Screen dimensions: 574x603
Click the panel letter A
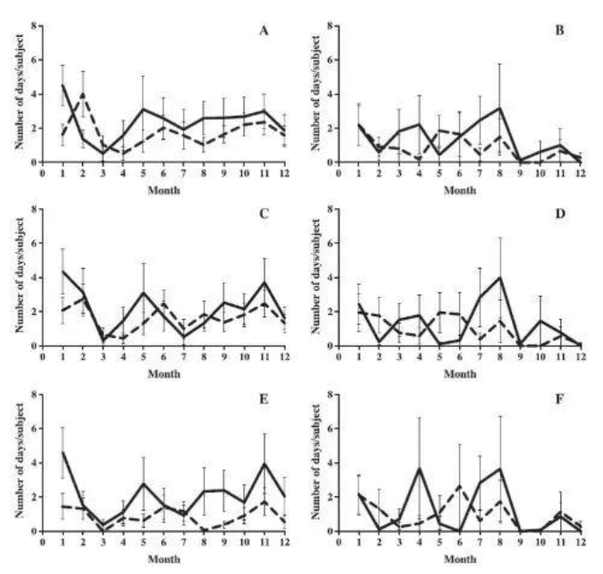click(264, 32)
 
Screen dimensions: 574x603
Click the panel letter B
click(558, 32)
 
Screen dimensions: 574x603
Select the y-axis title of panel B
click(306, 93)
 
